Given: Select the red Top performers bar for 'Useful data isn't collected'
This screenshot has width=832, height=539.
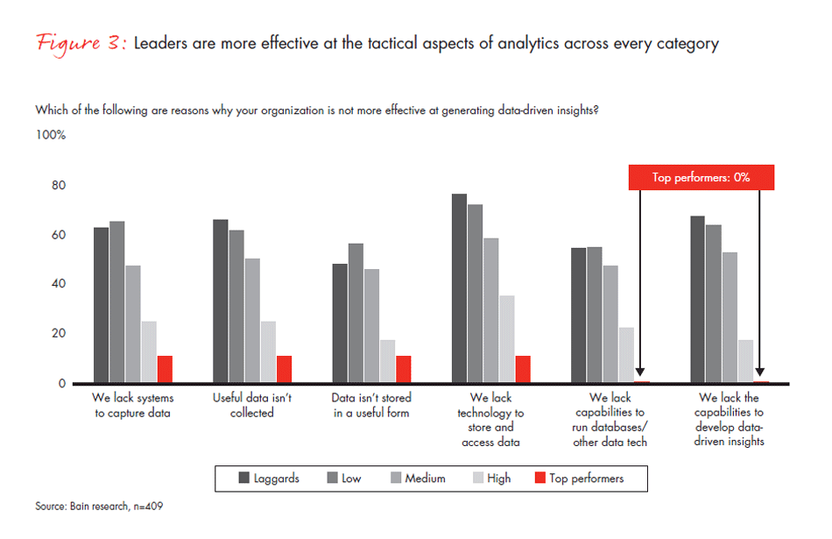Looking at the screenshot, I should [284, 369].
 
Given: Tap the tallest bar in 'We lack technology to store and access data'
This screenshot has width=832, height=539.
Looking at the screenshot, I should [459, 288].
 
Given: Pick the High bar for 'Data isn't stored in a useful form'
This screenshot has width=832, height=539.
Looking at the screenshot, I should [387, 361].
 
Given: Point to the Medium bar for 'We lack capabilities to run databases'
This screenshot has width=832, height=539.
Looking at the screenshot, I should [610, 324].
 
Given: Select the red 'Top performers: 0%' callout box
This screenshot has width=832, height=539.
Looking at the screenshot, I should [701, 177].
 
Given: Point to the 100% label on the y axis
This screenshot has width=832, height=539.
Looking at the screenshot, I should [51, 136].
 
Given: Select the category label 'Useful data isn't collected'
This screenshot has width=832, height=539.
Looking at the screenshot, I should [252, 405].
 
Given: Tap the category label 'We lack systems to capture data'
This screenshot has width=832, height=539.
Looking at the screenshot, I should [133, 405].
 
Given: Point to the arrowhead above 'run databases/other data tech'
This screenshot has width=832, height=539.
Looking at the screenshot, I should [641, 373].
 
